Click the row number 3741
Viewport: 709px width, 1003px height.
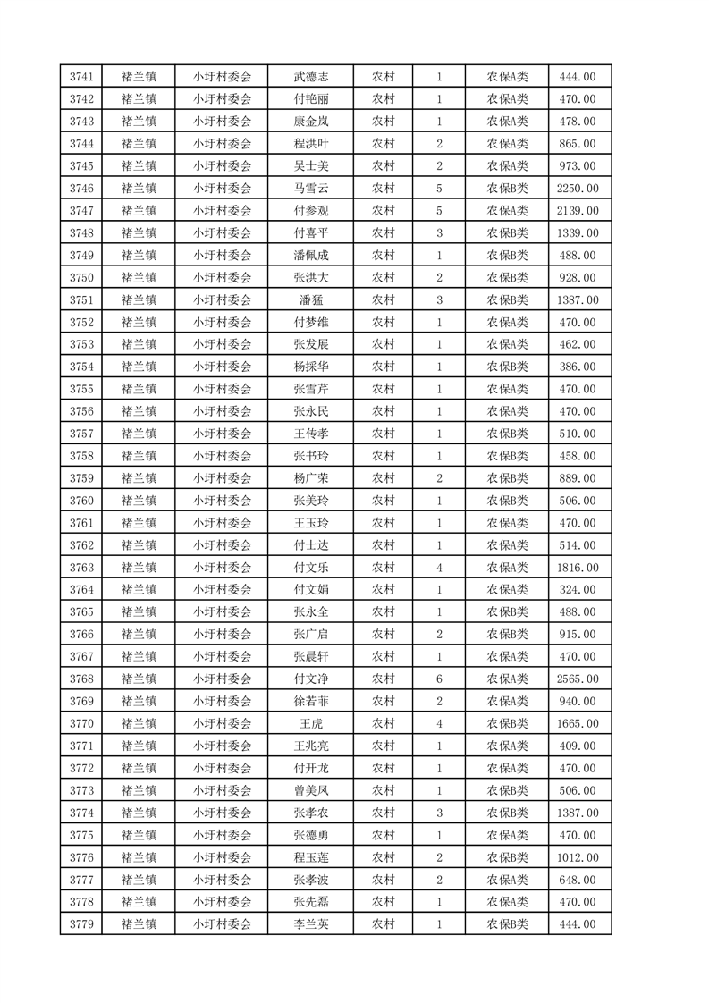coord(80,77)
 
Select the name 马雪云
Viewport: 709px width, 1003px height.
coord(310,189)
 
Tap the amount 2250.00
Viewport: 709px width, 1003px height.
coord(577,189)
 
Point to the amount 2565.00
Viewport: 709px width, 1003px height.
coord(577,679)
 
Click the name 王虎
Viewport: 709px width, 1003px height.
coord(310,724)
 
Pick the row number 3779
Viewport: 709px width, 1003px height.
coord(80,924)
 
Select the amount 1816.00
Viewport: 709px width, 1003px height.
coord(577,568)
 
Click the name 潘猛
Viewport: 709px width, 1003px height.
coord(310,300)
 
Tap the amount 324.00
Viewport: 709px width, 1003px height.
coord(577,590)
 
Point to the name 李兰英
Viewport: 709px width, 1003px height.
coord(310,924)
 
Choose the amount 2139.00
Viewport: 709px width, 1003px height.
coord(577,211)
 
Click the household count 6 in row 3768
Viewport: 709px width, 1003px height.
coord(439,679)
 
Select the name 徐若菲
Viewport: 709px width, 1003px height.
coord(310,702)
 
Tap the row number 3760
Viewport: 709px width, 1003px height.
coord(80,501)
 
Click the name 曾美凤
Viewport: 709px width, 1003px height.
coord(310,791)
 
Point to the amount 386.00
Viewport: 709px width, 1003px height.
coord(577,367)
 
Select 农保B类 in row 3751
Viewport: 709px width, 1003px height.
coord(507,300)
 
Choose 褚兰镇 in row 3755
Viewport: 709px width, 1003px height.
coord(139,389)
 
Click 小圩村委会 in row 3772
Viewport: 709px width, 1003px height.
coord(223,769)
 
